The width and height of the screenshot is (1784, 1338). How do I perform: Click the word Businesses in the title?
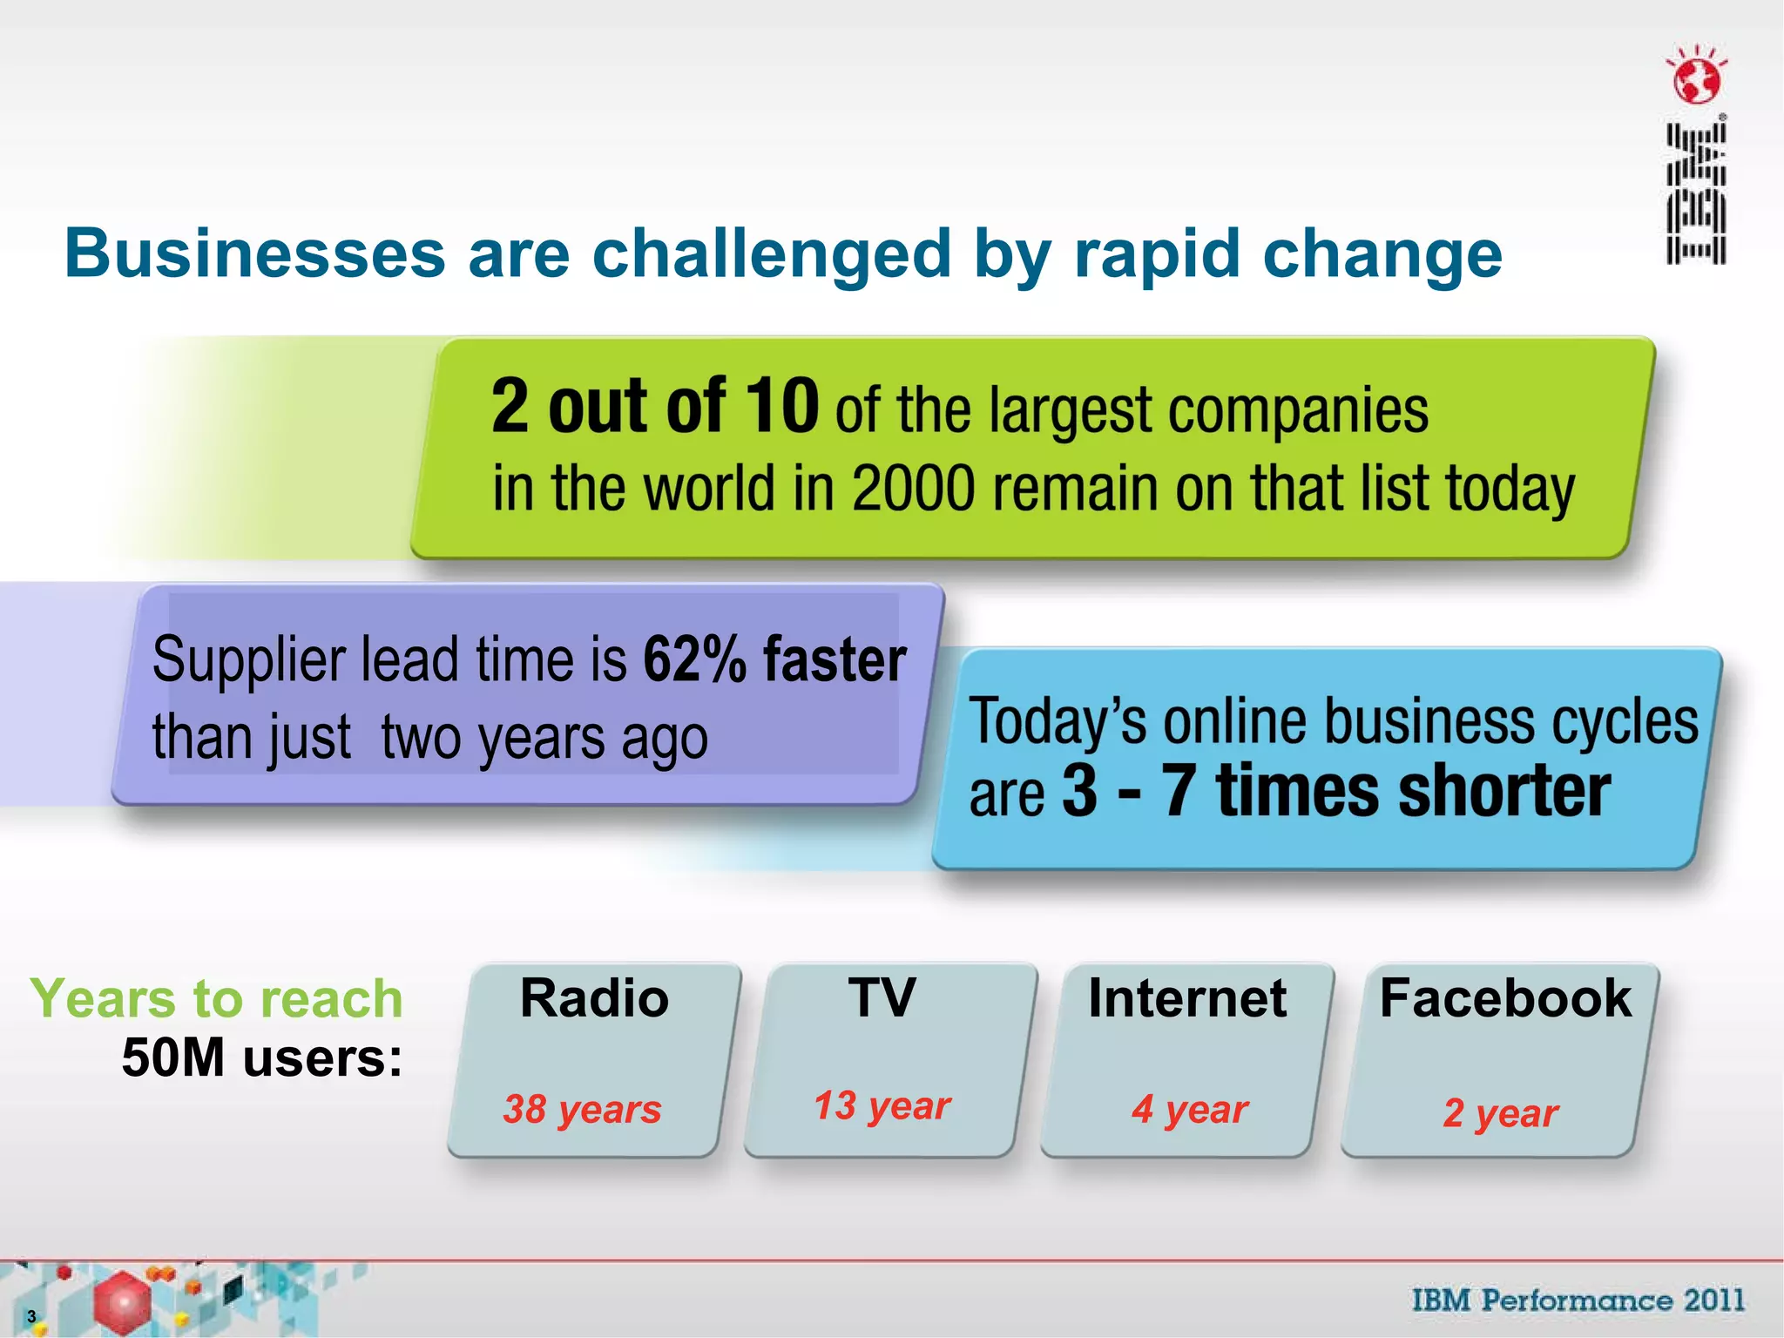click(254, 254)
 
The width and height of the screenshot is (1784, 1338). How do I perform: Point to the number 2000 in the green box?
click(913, 489)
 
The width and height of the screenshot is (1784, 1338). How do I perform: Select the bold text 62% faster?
click(774, 659)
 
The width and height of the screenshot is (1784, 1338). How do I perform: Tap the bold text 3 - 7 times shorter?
click(1335, 791)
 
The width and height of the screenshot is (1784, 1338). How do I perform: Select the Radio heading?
click(594, 998)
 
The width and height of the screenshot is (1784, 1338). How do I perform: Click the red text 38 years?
click(582, 1110)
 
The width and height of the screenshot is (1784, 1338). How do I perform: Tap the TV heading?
click(882, 998)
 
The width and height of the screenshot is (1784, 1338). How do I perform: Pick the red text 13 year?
click(882, 1106)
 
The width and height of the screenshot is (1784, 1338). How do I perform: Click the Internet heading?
click(1186, 998)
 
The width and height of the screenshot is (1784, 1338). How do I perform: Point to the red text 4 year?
click(1190, 1110)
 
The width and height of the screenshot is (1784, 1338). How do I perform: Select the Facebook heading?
click(1504, 998)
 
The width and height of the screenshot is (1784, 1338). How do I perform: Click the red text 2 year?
click(1500, 1113)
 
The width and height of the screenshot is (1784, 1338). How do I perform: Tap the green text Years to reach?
click(217, 998)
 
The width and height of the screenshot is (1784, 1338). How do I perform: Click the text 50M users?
click(262, 1058)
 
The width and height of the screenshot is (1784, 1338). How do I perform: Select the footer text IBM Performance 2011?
click(1578, 1301)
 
